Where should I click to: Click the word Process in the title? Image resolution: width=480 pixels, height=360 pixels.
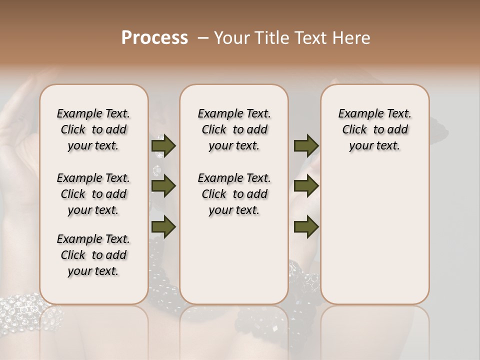[154, 38]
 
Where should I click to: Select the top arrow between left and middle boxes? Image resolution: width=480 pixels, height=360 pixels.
[163, 146]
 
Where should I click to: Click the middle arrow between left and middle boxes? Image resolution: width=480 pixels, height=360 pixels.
[163, 186]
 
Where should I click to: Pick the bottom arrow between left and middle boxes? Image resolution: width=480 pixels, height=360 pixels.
[163, 226]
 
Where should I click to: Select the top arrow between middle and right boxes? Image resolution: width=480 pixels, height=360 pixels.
[306, 146]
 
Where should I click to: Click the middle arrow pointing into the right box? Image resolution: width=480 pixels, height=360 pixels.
[306, 186]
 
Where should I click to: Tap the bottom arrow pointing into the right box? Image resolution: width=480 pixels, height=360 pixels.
[306, 226]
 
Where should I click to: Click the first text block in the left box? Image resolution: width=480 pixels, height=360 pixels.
[93, 129]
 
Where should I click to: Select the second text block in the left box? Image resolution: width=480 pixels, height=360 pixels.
[93, 194]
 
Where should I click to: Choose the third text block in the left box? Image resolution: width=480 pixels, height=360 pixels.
[93, 255]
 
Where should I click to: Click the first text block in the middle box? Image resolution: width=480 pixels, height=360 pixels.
[234, 129]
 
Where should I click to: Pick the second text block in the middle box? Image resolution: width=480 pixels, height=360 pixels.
[234, 194]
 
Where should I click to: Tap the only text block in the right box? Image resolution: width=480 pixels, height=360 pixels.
[374, 129]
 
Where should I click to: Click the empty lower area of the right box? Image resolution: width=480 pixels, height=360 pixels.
[374, 235]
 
